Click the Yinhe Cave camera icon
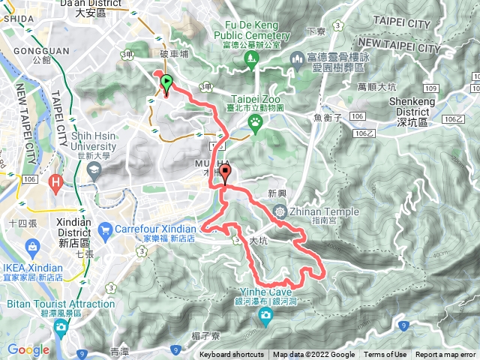(x=265, y=318)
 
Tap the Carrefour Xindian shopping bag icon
(x=106, y=229)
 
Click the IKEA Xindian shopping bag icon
(x=33, y=247)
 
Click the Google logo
(x=28, y=349)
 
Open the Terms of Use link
(x=385, y=355)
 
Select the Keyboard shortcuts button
(x=232, y=355)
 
